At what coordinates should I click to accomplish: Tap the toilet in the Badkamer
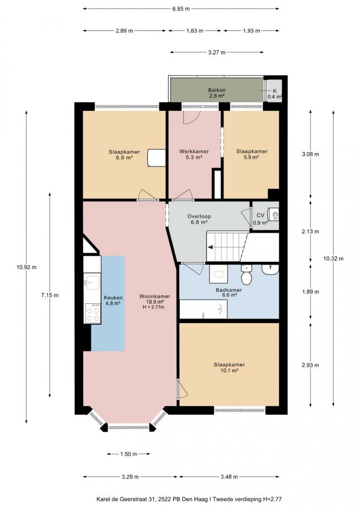point(247,274)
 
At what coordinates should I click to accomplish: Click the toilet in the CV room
point(272,216)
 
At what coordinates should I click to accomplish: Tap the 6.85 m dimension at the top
point(180,9)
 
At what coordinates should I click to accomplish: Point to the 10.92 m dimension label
point(26,267)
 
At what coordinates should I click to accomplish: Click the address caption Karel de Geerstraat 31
point(180,499)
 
